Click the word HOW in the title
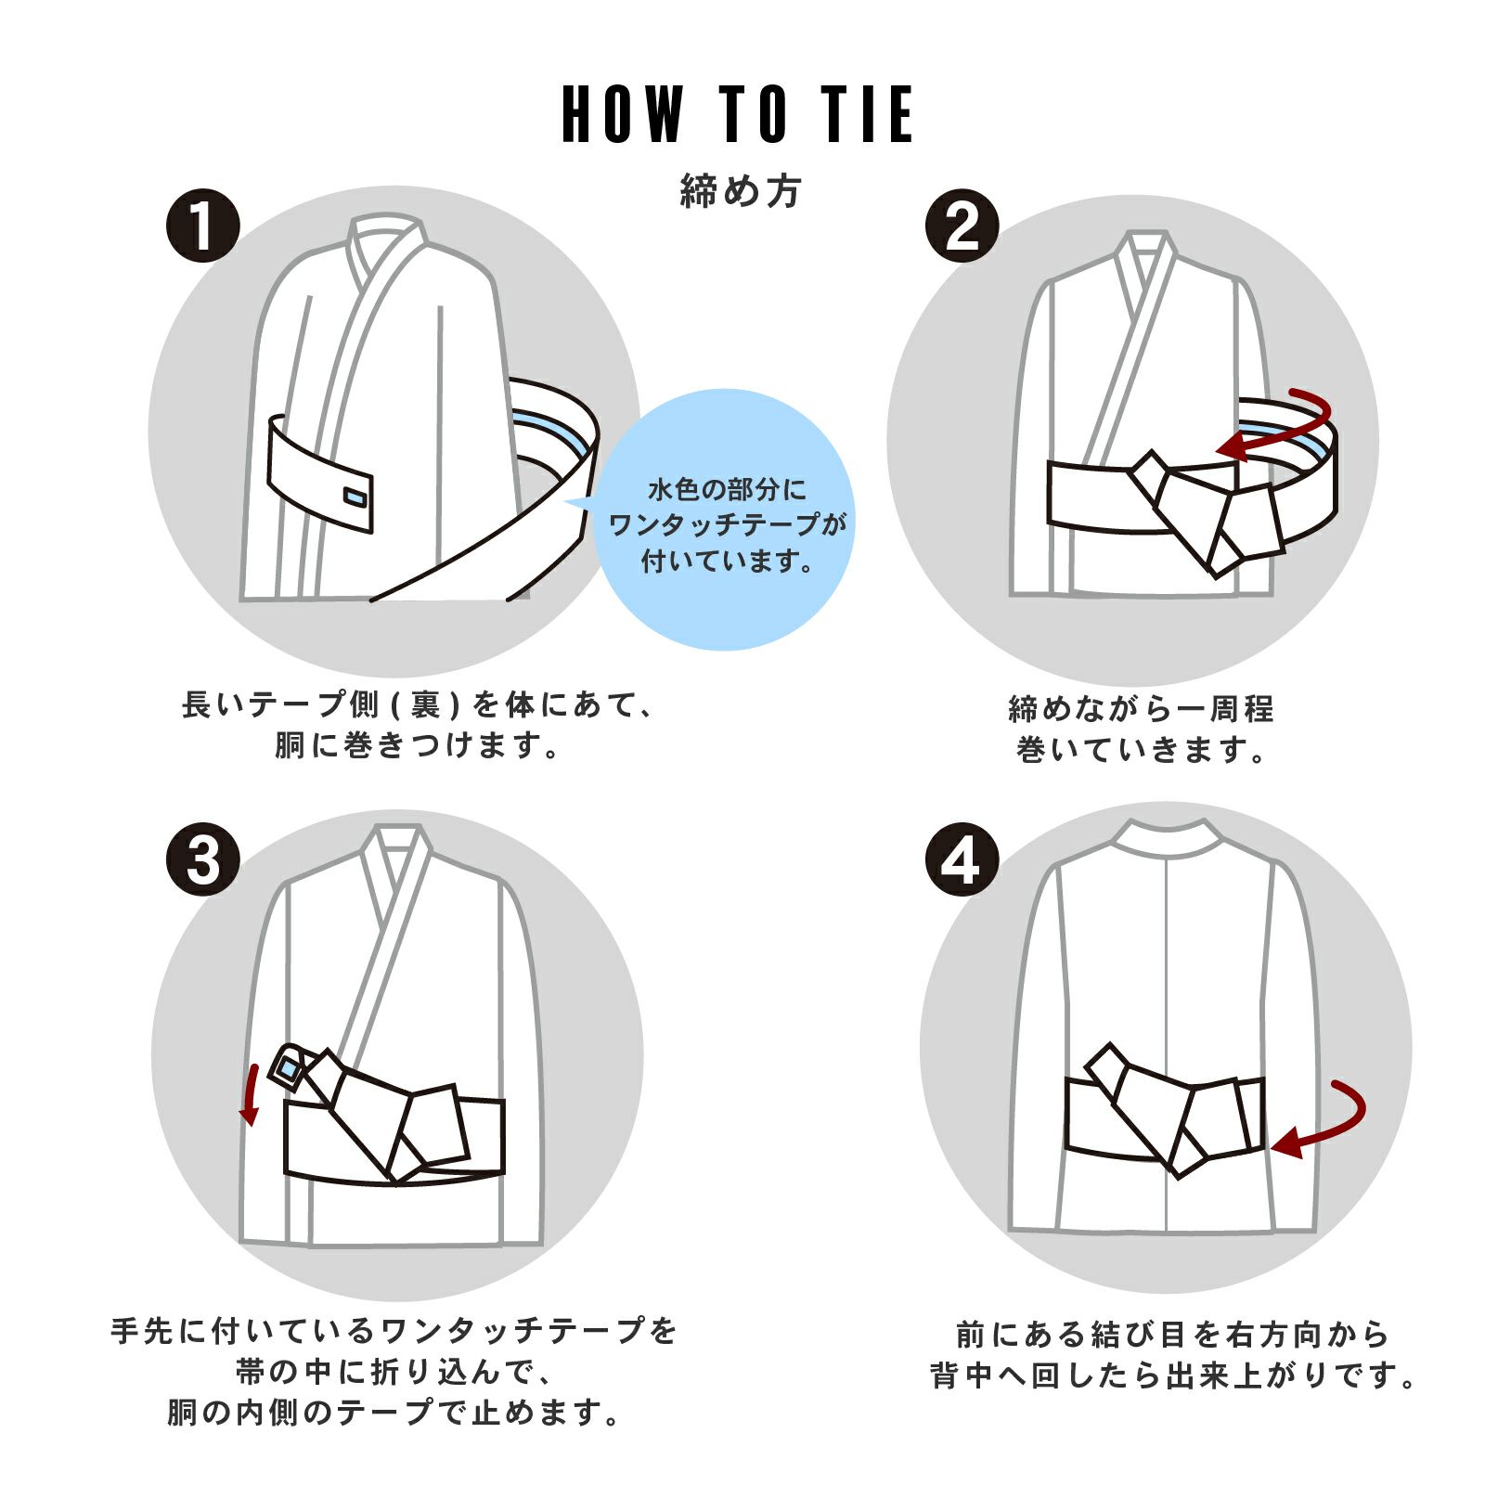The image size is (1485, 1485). pyautogui.click(x=622, y=114)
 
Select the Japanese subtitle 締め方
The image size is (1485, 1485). pyautogui.click(x=740, y=191)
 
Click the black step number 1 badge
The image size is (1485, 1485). pyautogui.click(x=203, y=226)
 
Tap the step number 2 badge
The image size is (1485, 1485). pyautogui.click(x=962, y=226)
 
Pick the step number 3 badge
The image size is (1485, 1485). pyautogui.click(x=203, y=859)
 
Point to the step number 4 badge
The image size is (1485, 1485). pyautogui.click(x=962, y=859)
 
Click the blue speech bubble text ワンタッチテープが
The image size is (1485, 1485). pyautogui.click(x=727, y=524)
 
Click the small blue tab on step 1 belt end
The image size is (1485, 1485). pyautogui.click(x=355, y=497)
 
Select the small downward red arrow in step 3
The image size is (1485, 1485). pyautogui.click(x=250, y=1095)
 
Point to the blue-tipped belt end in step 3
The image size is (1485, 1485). pyautogui.click(x=290, y=1070)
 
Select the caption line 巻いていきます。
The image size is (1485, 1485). pyautogui.click(x=1142, y=749)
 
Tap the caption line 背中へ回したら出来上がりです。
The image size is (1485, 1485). pyautogui.click(x=1173, y=1375)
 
